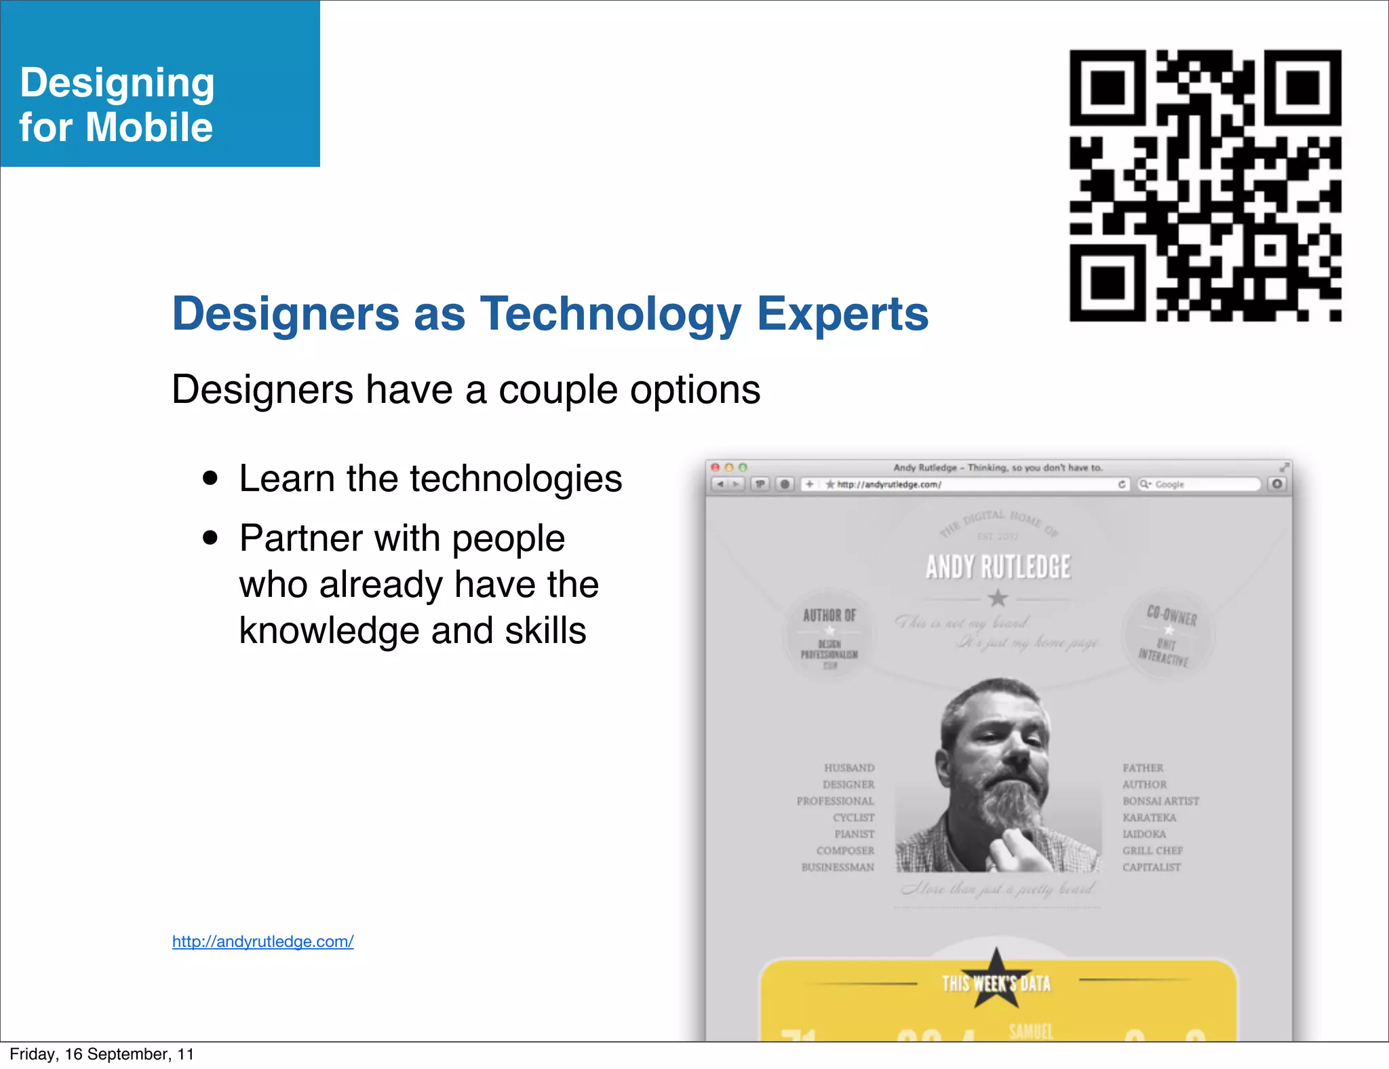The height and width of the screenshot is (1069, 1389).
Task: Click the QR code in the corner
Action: tap(1205, 185)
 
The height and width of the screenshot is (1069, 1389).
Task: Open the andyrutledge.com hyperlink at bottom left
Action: tap(262, 941)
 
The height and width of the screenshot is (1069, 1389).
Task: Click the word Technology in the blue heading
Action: tap(610, 314)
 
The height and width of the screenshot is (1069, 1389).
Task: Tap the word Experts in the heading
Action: tap(842, 314)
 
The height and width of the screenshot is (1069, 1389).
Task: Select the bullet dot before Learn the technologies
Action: tap(210, 478)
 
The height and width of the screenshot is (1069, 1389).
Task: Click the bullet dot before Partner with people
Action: tap(210, 538)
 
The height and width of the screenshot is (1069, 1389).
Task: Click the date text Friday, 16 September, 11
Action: tap(102, 1054)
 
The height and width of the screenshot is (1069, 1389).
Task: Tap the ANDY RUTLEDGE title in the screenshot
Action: tap(998, 567)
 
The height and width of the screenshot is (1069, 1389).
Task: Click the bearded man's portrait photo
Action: tap(998, 777)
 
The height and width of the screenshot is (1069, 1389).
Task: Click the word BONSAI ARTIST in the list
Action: tap(1160, 801)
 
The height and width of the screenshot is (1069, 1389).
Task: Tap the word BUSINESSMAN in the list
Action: tap(838, 868)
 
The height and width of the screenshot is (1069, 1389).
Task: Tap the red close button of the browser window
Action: tap(715, 467)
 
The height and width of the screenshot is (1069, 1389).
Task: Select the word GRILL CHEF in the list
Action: tap(1152, 851)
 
